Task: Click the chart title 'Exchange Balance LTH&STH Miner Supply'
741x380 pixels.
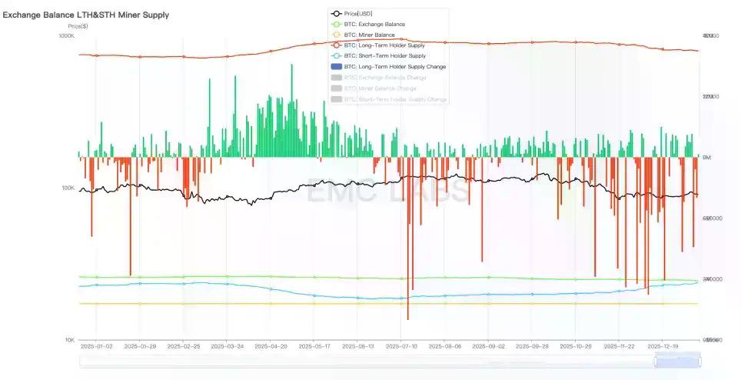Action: click(x=86, y=15)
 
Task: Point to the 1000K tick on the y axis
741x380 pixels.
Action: click(x=66, y=36)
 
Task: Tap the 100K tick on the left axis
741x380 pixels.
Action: click(x=68, y=188)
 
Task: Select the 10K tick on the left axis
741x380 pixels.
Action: click(x=68, y=340)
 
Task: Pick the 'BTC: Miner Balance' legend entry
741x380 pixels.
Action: click(x=371, y=35)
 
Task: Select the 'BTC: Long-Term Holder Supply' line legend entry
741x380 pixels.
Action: click(x=385, y=45)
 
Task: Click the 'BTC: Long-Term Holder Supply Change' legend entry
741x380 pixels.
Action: click(x=394, y=67)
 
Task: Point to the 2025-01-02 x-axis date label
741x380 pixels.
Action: click(x=97, y=347)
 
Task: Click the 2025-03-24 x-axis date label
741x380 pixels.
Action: click(x=228, y=347)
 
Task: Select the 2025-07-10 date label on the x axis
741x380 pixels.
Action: click(x=401, y=347)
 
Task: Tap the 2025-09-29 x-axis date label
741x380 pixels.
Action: click(x=532, y=347)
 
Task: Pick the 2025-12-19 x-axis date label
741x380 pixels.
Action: click(x=663, y=347)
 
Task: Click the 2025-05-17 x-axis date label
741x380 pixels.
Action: click(x=314, y=347)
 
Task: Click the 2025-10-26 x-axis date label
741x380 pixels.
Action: click(x=576, y=347)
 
